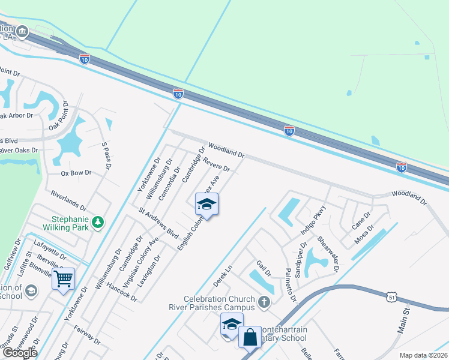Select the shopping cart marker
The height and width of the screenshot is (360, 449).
[x=63, y=278]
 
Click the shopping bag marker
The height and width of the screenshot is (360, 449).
[x=250, y=337]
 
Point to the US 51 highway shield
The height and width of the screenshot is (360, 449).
[x=391, y=296]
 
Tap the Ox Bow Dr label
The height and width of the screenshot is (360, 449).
[x=76, y=173]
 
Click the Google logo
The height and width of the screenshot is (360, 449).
[x=19, y=353]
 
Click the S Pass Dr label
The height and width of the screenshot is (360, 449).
[x=106, y=155]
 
